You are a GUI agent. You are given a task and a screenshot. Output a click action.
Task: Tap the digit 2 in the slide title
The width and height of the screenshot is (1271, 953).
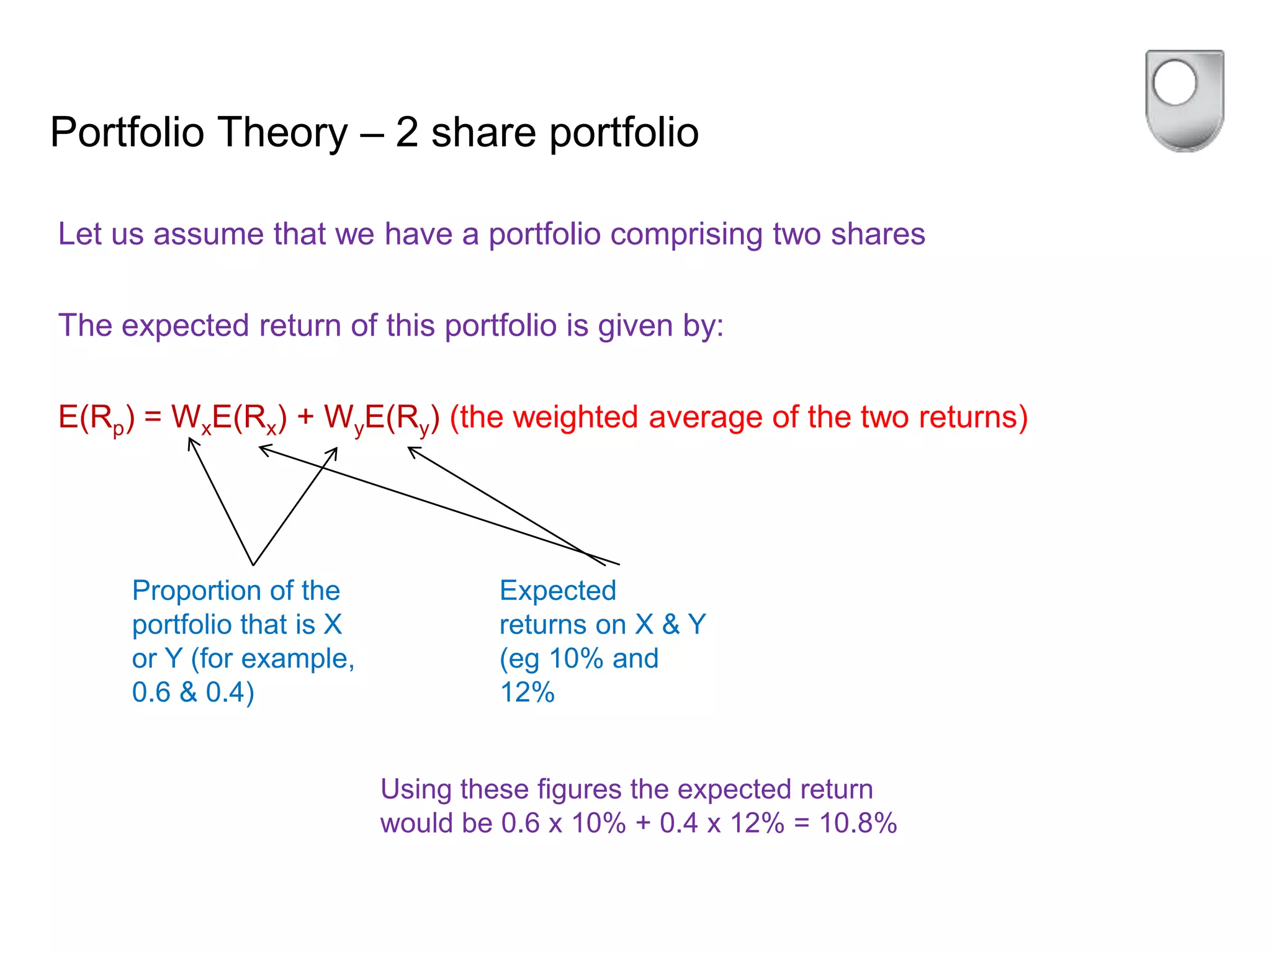point(406,133)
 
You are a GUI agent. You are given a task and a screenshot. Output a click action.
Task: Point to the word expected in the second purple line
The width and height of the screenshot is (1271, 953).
point(185,326)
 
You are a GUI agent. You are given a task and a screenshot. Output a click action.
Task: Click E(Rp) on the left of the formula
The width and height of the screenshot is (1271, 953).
point(96,418)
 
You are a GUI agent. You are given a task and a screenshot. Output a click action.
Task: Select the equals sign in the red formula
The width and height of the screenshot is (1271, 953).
point(153,417)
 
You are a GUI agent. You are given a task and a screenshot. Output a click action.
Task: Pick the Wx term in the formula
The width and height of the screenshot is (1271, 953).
point(190,418)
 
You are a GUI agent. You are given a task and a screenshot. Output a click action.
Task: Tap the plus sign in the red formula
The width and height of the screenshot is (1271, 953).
point(305,417)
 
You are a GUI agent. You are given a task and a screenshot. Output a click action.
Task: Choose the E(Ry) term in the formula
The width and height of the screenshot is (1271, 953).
point(402,418)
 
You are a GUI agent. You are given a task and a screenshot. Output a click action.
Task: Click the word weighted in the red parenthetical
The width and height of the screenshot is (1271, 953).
point(575,417)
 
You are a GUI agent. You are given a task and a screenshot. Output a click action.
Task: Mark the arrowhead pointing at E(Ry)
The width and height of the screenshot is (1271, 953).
point(411,450)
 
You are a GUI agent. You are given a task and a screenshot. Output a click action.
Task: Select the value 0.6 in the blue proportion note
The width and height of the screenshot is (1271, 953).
point(151,692)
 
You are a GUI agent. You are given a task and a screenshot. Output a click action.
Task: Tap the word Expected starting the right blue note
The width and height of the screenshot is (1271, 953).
point(557,591)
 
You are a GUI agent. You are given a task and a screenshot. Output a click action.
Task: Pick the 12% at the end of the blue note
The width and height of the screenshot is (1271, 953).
point(527,692)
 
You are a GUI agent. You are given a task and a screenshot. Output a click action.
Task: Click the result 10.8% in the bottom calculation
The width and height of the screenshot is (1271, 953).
point(858,823)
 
